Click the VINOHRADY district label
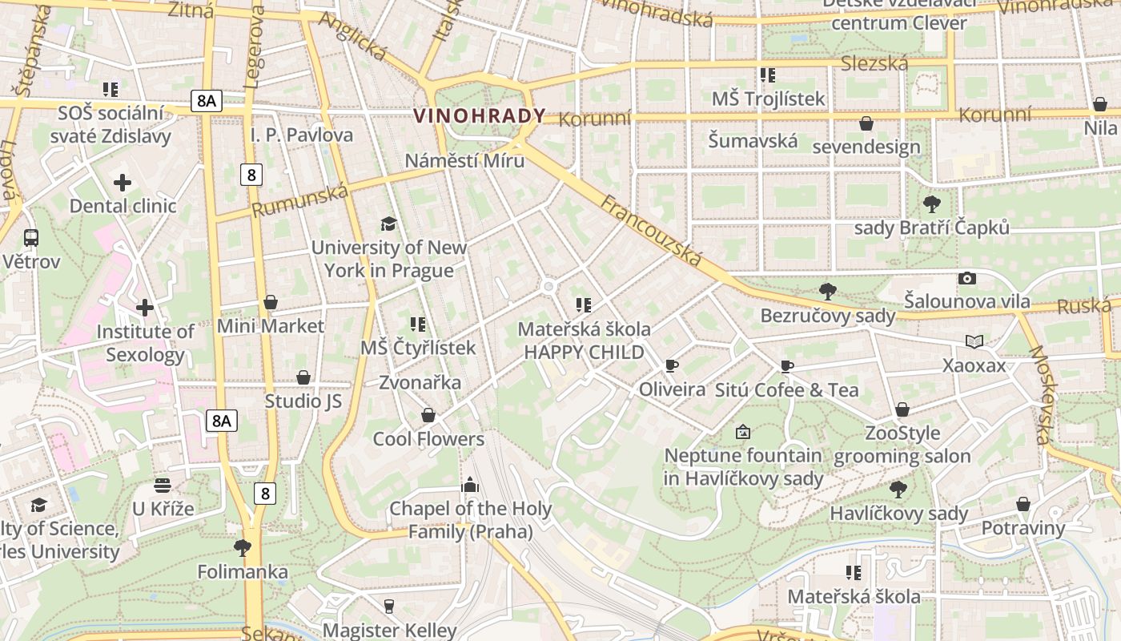[x=479, y=115]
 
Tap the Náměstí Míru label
[x=464, y=160]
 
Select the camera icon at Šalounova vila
[x=967, y=279]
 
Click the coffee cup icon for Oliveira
[x=672, y=366]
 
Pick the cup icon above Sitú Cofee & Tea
[x=787, y=367]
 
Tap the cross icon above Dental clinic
[x=123, y=183]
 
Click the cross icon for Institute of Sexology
[x=145, y=308]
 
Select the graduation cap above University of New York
[x=388, y=224]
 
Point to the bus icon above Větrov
[x=31, y=238]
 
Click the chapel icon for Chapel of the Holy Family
[x=470, y=485]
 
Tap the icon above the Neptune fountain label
[x=743, y=433]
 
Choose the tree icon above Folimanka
[x=243, y=548]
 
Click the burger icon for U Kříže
[x=163, y=485]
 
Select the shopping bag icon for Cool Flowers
[x=428, y=415]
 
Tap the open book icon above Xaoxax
[x=974, y=342]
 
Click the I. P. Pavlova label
[x=302, y=135]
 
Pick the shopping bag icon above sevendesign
[x=866, y=123]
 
